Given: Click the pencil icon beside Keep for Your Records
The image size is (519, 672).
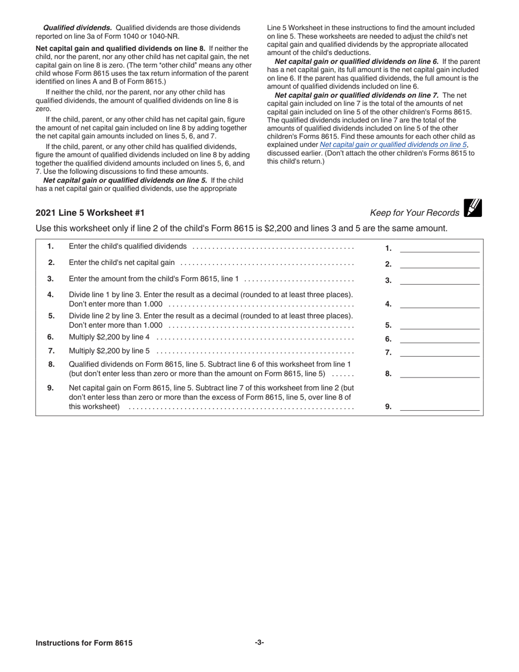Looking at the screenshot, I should [x=473, y=208].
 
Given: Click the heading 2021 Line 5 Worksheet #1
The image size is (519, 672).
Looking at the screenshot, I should [x=90, y=213].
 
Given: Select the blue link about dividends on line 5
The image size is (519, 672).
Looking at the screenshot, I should [x=393, y=145].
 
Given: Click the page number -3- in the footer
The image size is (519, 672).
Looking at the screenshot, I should [x=259, y=642].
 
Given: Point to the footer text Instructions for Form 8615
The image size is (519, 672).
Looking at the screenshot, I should [x=84, y=643].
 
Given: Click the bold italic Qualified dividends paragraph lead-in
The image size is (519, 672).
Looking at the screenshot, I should [x=78, y=28].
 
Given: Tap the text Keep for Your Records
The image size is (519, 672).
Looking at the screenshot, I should [x=415, y=213].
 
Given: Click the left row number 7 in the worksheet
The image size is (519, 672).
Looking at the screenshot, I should [x=51, y=351].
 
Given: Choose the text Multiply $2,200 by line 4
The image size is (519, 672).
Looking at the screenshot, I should [x=109, y=337].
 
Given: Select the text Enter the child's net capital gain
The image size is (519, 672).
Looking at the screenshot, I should [x=122, y=263].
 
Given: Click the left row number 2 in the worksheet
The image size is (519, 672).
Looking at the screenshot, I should [x=51, y=263].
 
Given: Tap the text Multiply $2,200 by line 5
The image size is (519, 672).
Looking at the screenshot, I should [x=109, y=351].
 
